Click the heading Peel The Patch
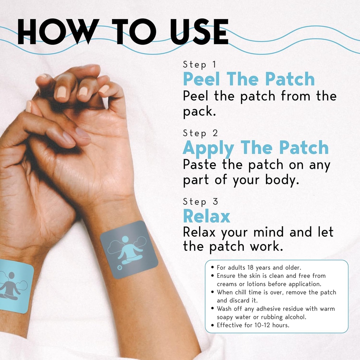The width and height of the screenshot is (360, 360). coord(249,79)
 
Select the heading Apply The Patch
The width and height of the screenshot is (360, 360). coord(256,148)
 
